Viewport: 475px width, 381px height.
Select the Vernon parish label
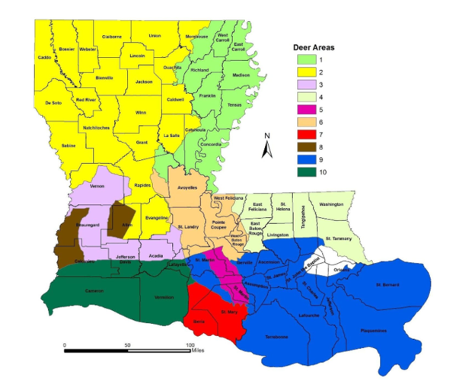point(97,186)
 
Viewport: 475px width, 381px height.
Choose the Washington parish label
point(331,205)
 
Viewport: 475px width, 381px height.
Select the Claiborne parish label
point(112,37)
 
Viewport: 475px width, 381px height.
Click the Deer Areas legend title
point(314,47)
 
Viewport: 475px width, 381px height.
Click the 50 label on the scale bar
point(126,345)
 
